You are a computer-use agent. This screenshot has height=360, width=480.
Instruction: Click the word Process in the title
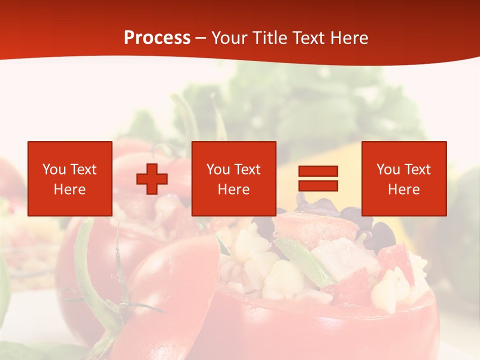[157, 38]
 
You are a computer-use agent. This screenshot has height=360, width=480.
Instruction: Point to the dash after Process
[200, 38]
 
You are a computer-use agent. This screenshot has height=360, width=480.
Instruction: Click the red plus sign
[152, 179]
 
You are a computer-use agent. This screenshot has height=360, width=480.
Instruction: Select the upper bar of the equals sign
[318, 171]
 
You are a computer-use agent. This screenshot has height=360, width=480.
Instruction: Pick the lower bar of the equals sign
[318, 185]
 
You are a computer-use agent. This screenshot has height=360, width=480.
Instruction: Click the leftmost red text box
[69, 178]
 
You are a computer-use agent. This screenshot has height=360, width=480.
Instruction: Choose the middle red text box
[233, 178]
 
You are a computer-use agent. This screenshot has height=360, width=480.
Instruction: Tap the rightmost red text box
[404, 178]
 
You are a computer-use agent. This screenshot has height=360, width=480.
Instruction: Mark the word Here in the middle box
[233, 189]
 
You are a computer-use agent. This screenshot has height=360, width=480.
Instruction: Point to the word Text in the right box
[417, 169]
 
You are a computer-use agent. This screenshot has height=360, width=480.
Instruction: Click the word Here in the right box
[404, 189]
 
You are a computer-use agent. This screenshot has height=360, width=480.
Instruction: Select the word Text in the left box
[83, 169]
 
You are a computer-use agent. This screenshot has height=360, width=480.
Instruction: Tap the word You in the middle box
[218, 169]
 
